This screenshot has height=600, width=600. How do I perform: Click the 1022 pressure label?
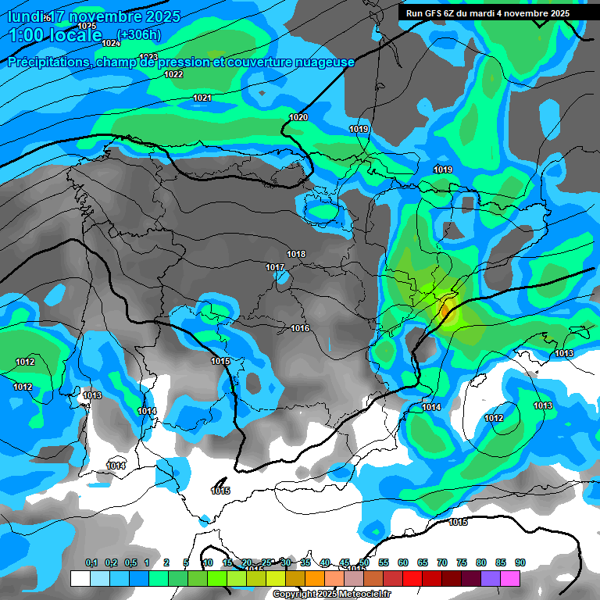173,74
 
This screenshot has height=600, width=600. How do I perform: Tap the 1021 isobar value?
202,98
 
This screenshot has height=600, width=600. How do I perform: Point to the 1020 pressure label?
298,117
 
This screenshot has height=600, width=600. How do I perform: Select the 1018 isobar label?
296,254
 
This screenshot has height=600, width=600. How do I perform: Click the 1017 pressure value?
275,267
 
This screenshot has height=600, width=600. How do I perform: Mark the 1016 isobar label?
300,328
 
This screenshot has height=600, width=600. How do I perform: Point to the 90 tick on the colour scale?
520,562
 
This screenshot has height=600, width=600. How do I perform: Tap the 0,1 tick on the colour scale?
91,562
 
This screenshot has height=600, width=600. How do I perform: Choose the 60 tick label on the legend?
403,562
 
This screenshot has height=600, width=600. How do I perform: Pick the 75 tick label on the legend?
462,562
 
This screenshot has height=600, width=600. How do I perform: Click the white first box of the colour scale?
80,578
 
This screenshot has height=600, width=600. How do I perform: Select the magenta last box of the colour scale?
510,578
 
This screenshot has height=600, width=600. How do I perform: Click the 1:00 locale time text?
59,36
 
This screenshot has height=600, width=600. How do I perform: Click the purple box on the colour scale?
491,578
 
